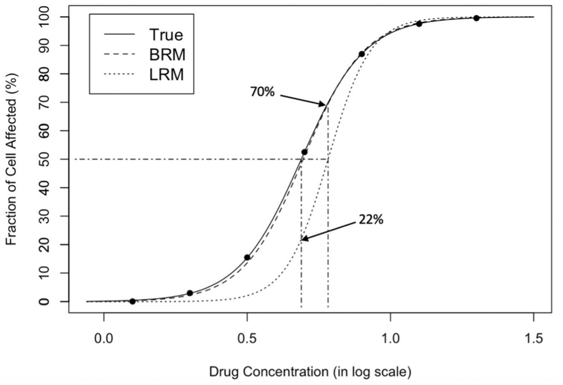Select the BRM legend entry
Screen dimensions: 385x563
(x=166, y=54)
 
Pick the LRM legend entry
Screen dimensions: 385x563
(x=166, y=74)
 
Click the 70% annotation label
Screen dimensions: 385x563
(x=263, y=94)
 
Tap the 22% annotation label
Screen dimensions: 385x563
(x=371, y=219)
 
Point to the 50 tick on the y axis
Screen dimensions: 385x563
(x=51, y=159)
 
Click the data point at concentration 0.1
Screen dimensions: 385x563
(x=132, y=301)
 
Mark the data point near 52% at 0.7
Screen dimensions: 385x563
(x=304, y=152)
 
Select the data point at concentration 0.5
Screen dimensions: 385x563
(x=247, y=257)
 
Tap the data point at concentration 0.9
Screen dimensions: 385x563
(x=361, y=54)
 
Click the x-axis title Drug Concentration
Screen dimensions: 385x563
(x=310, y=372)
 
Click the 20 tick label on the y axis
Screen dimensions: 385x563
(x=51, y=244)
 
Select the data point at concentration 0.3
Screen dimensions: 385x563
(x=190, y=293)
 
